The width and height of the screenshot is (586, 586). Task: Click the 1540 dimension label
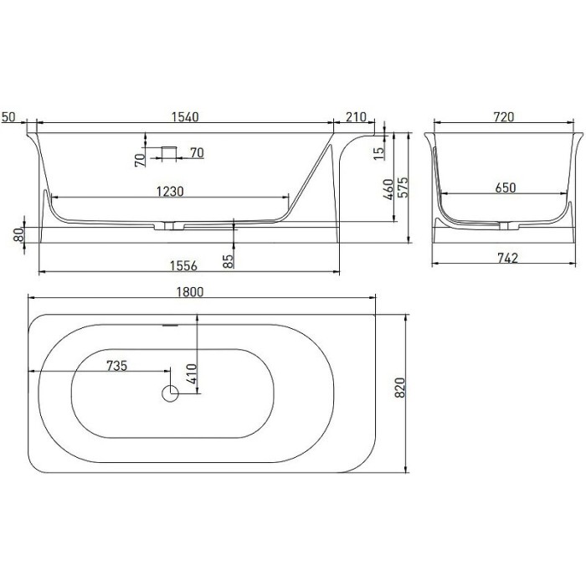[185, 117]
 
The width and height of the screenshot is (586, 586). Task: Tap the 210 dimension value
[355, 117]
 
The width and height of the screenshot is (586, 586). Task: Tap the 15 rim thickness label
[381, 153]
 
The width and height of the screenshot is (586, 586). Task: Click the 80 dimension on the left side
[18, 236]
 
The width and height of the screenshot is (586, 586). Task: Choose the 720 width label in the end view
[503, 117]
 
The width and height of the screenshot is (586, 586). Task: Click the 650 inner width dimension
[505, 188]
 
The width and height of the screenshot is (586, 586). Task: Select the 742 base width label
[503, 259]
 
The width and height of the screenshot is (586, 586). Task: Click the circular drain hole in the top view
[171, 393]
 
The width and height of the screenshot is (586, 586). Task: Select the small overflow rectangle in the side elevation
[170, 152]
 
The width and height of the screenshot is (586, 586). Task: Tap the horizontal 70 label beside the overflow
[197, 152]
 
